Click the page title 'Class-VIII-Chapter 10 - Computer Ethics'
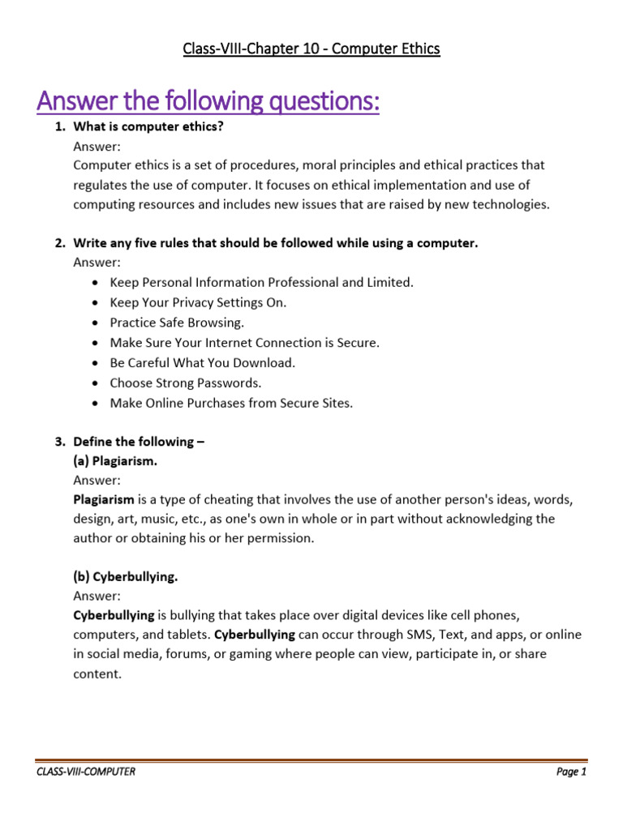coord(311,49)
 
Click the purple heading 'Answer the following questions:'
coord(208,103)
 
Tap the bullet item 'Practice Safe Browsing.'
coord(176,323)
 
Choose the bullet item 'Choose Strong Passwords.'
coord(185,383)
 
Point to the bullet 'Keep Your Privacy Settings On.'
coord(198,302)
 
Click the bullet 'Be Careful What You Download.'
coord(202,362)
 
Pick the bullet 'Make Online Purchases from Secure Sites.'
coord(231,403)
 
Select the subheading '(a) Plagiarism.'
coord(121,461)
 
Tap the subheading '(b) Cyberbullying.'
coord(125,577)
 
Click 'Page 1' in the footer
coord(571,772)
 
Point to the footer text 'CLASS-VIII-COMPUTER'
coord(85,772)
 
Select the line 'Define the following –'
coord(134,442)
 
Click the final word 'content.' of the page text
coord(97,673)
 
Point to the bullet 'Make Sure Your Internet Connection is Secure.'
coord(244,343)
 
